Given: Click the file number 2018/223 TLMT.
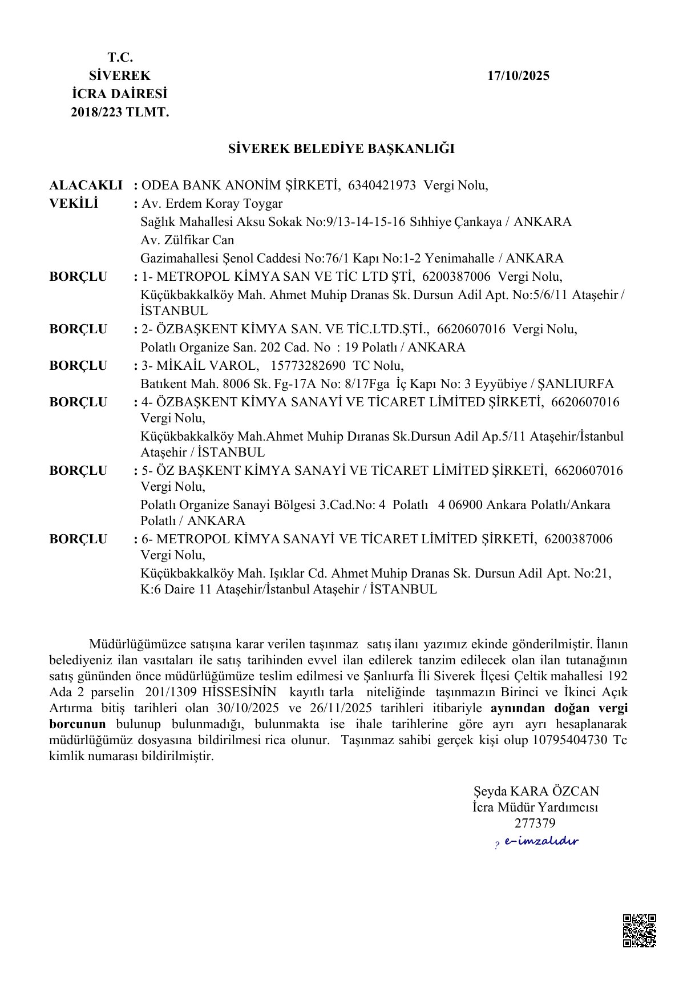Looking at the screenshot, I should [x=120, y=113].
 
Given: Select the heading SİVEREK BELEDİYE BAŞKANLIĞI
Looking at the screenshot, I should [x=341, y=149].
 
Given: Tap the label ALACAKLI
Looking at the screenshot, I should [x=86, y=185].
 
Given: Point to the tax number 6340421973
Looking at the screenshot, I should [x=382, y=185].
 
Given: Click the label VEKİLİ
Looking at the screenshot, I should [x=74, y=204].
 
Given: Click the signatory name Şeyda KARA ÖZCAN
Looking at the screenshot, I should [x=536, y=792].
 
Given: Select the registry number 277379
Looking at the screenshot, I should [x=535, y=824].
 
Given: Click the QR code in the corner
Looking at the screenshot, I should [x=639, y=931].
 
